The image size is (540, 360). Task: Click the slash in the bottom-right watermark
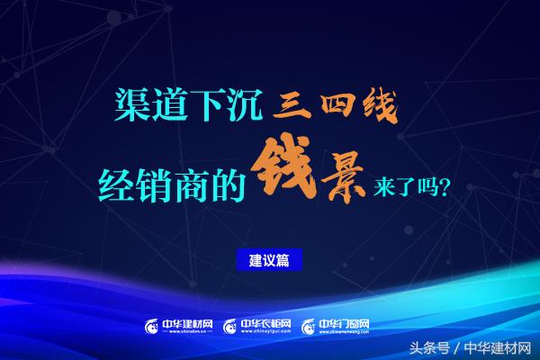[459, 346]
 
